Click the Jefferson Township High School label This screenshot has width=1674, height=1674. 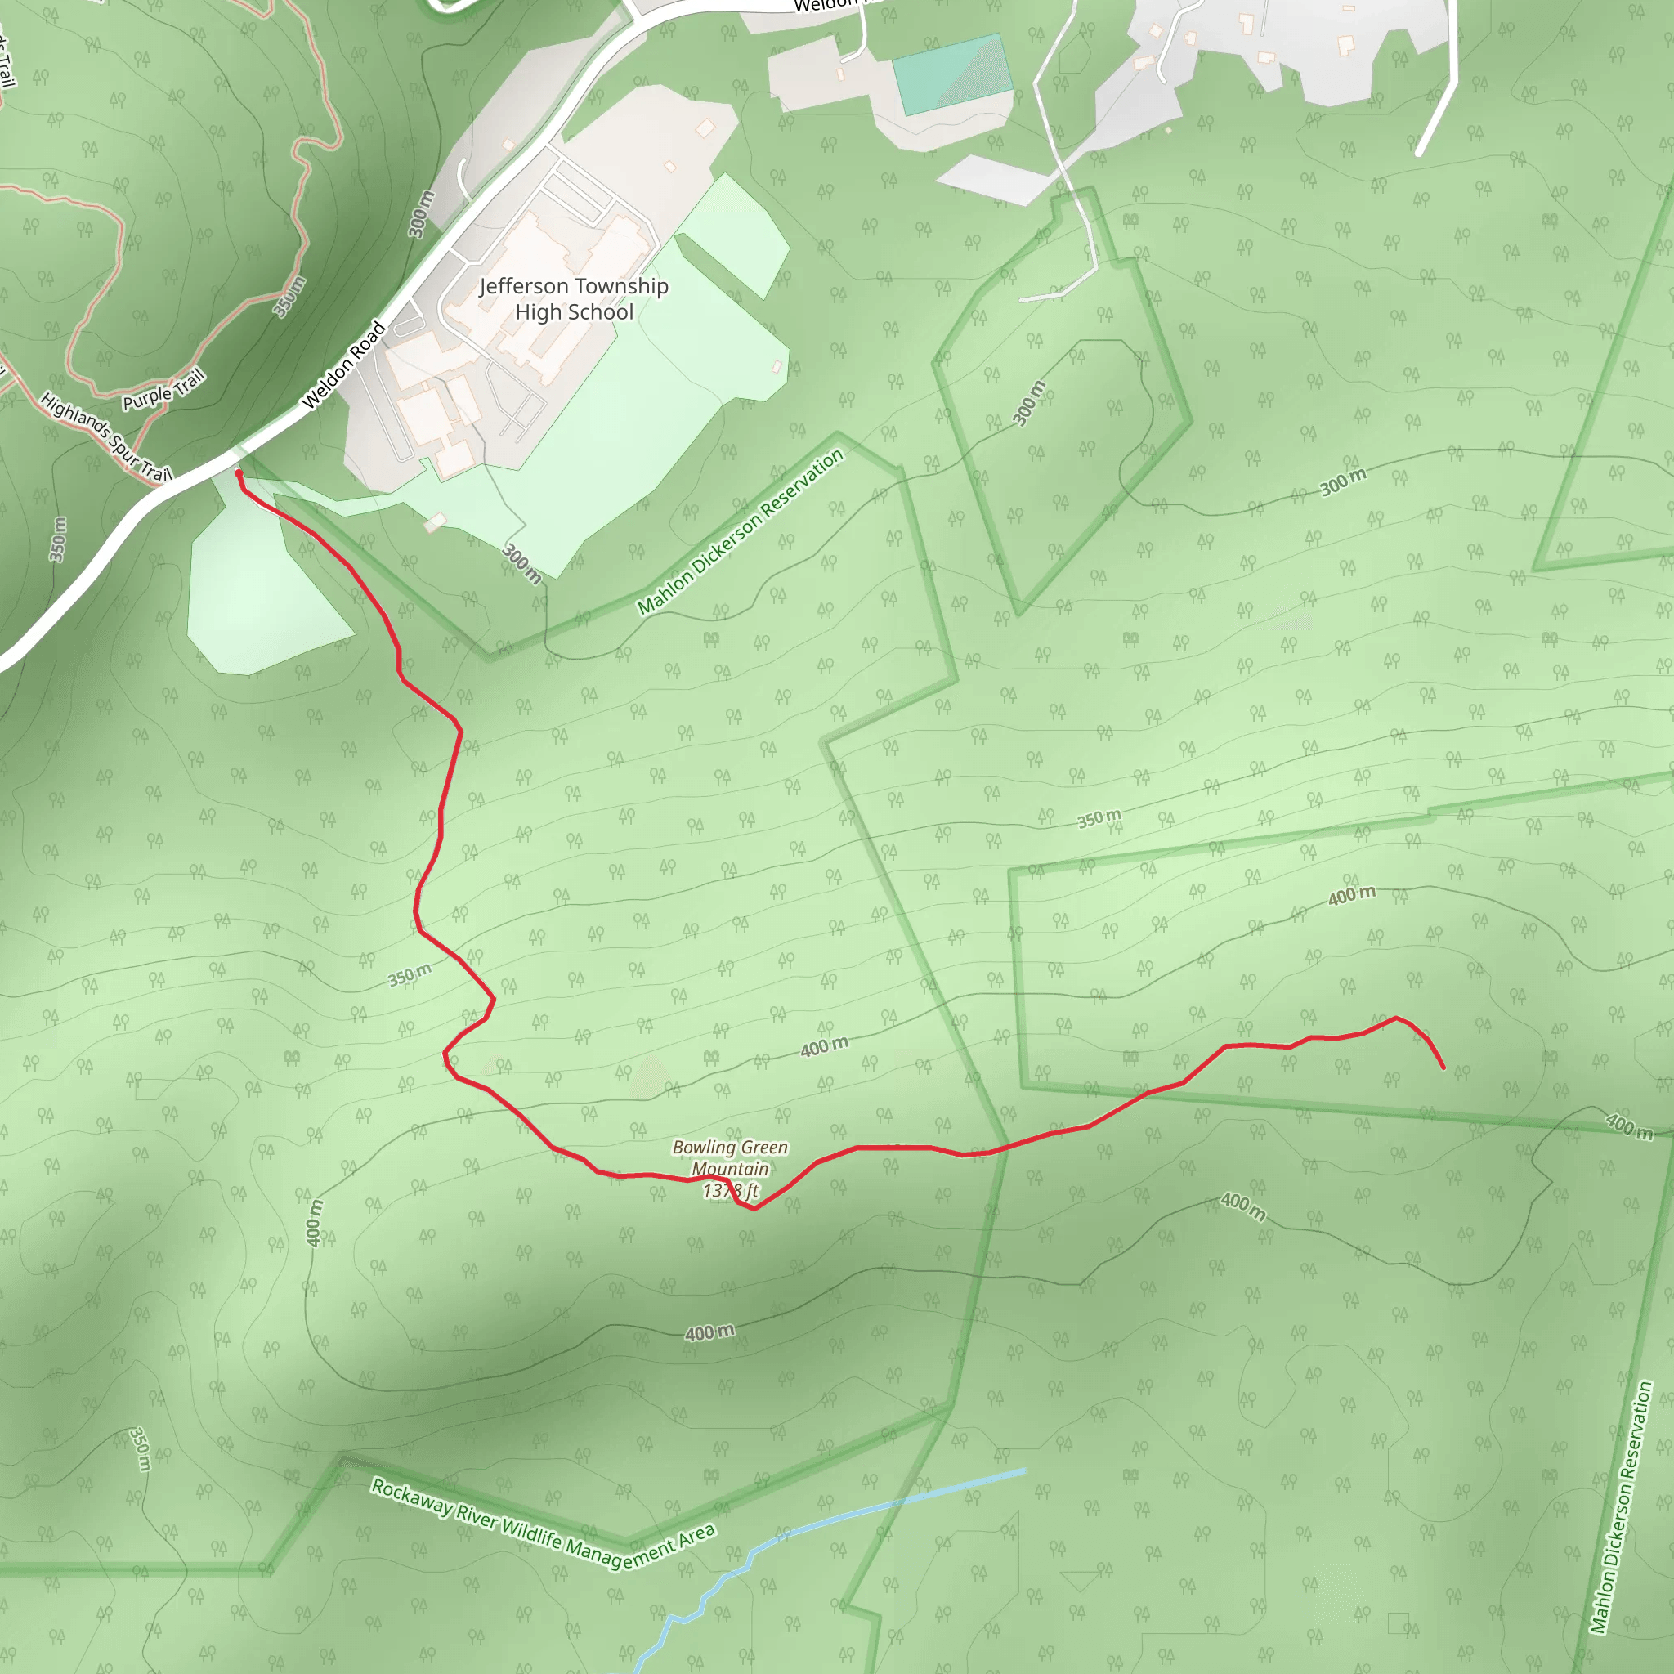[x=574, y=299]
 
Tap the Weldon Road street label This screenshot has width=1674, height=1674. [x=343, y=365]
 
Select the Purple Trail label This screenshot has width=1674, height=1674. [x=163, y=390]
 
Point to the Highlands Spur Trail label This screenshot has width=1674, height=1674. [x=105, y=437]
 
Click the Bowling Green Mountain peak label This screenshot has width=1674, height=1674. [x=730, y=1157]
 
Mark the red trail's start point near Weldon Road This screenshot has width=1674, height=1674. [x=239, y=474]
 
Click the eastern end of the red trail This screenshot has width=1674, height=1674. [x=1443, y=1068]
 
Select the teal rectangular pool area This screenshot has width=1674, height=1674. [x=953, y=74]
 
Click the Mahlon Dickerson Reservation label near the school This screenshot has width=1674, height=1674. [x=740, y=533]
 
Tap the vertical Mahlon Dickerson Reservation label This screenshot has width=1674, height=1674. [x=1622, y=1507]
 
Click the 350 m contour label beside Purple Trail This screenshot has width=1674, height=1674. [x=289, y=298]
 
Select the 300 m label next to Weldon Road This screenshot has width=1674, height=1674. [x=421, y=214]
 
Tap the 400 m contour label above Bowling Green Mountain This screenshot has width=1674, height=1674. [x=823, y=1048]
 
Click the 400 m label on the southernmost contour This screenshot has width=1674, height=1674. [x=709, y=1332]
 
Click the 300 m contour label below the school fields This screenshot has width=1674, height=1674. [x=521, y=563]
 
